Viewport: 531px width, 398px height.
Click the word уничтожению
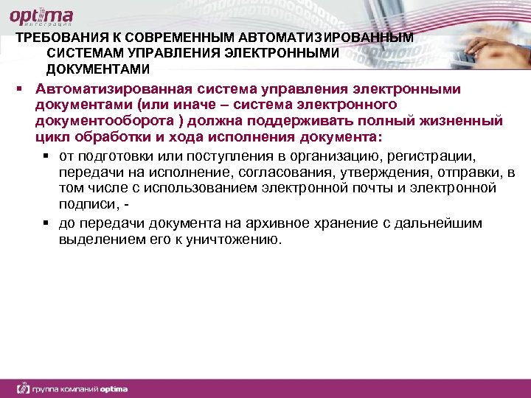pyautogui.click(x=235, y=240)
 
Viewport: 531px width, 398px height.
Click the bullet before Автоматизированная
pyautogui.click(x=24, y=89)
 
